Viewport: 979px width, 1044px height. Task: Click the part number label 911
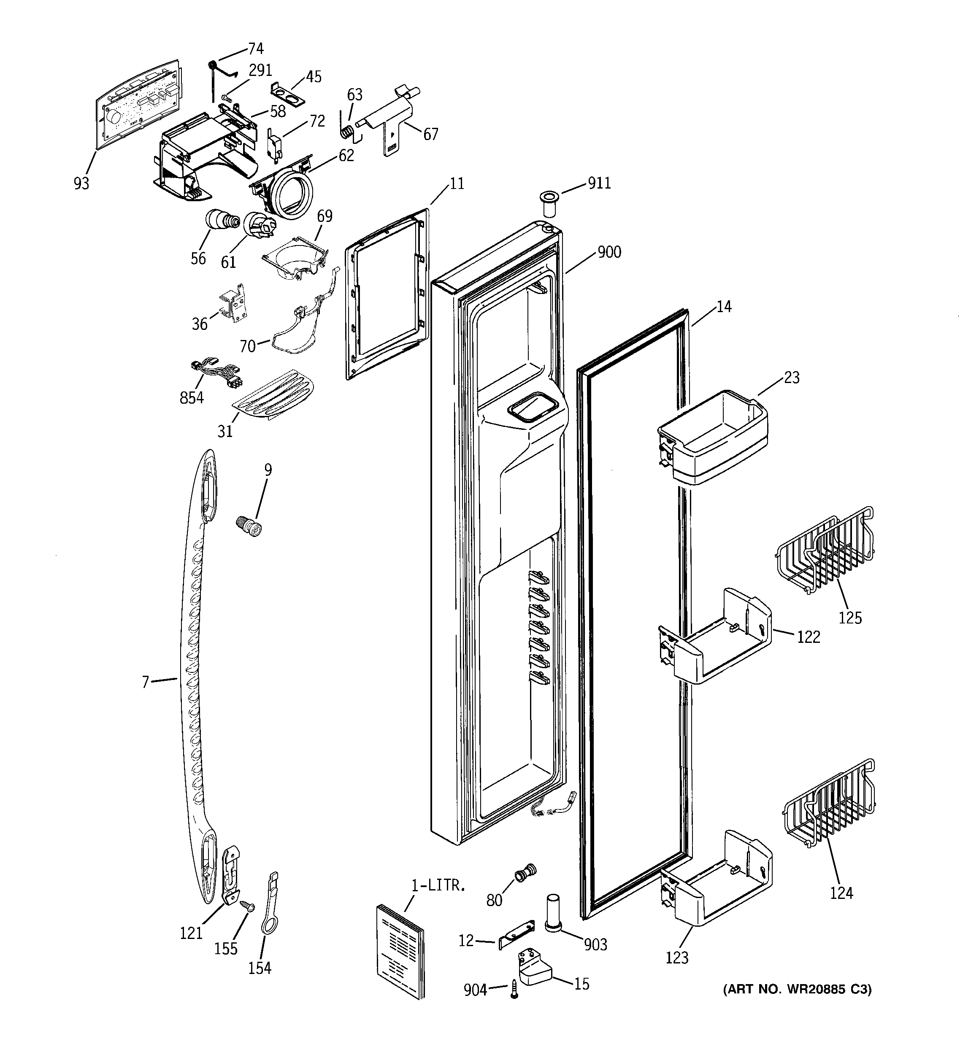[599, 183]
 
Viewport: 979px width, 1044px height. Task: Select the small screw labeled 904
[514, 990]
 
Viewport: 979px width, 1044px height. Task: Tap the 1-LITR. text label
[438, 886]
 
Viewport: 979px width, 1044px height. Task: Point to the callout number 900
[608, 252]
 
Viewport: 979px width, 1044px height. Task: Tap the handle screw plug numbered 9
[249, 526]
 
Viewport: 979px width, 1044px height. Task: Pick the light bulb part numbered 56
[221, 219]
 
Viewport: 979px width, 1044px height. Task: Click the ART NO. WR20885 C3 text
[797, 990]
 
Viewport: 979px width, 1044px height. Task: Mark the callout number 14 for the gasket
[724, 307]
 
